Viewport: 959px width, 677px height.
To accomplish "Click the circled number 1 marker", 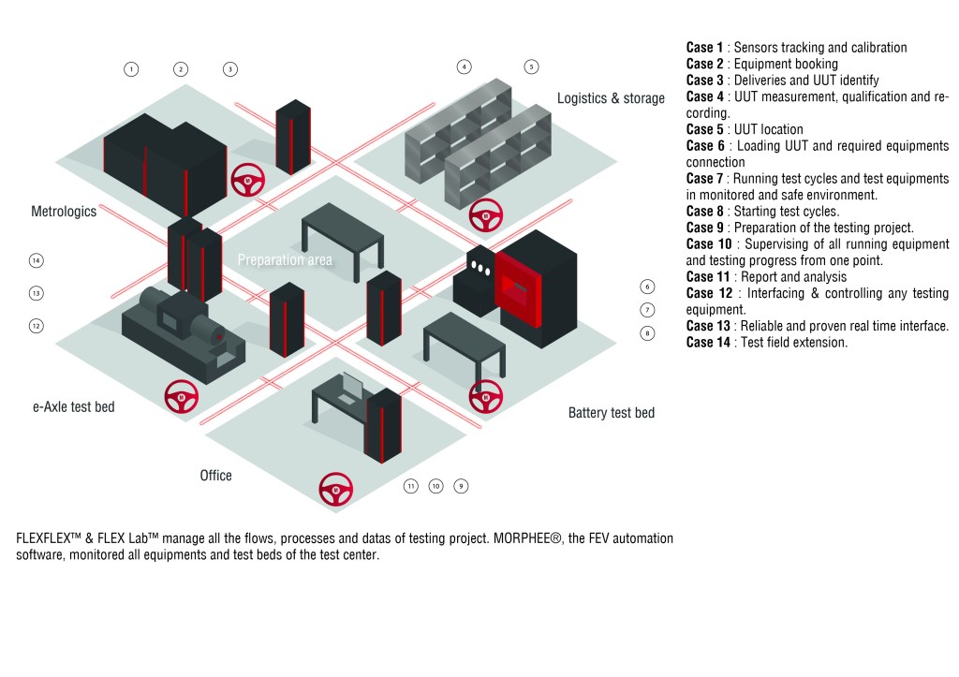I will [131, 68].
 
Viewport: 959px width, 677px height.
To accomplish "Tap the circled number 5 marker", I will [531, 66].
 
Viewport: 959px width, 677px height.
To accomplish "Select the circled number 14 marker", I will [37, 260].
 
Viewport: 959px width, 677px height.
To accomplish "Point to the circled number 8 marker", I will [647, 332].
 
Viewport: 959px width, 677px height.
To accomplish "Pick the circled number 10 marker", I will [435, 486].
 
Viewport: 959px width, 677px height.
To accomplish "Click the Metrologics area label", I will [64, 212].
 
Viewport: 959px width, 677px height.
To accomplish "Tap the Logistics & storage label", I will [611, 97].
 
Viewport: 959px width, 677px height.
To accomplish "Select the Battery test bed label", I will [612, 412].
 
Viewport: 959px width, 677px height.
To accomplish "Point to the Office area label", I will [215, 476].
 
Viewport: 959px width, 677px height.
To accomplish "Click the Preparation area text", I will [285, 259].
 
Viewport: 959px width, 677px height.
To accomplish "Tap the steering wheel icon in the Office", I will [336, 489].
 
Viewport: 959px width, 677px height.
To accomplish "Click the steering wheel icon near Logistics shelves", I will [486, 216].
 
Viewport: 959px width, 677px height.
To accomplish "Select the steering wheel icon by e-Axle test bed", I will [181, 397].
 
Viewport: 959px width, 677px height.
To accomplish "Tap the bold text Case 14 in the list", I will [708, 343].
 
